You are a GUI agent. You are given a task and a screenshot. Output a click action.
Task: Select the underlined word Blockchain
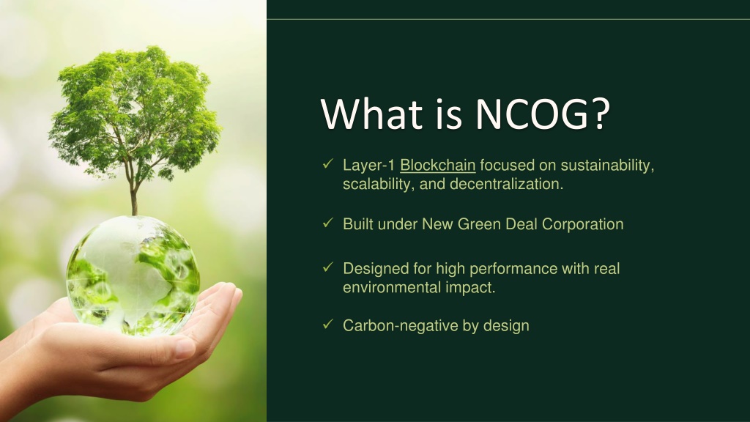tap(438, 165)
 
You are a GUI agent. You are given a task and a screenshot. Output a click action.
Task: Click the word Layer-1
tap(369, 166)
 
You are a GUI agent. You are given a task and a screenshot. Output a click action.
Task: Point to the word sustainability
tap(607, 166)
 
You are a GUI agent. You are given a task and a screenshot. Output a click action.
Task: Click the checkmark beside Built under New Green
tap(327, 223)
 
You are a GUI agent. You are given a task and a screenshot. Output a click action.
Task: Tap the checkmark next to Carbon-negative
tap(327, 325)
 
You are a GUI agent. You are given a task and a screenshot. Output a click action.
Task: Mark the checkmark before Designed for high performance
tap(327, 267)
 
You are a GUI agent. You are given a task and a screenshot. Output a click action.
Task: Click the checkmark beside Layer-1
tap(327, 163)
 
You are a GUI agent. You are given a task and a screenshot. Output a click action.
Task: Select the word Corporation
tap(582, 224)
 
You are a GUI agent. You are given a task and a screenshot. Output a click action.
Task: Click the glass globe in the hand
tap(133, 275)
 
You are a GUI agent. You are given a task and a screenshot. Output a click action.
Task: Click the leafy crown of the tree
tap(134, 110)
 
